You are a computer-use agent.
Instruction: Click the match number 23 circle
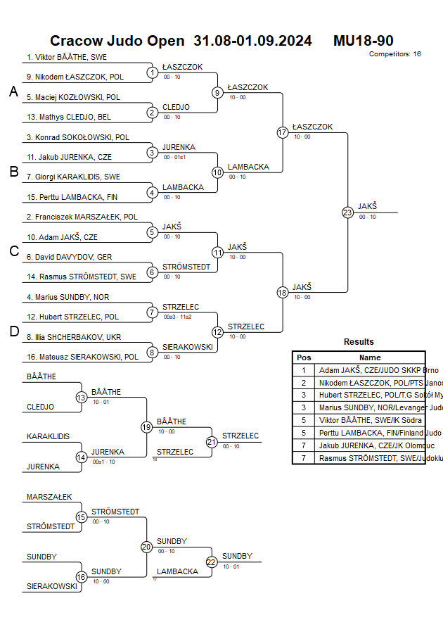(347, 213)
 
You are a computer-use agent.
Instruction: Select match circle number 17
(283, 132)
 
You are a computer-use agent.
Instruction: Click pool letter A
(13, 91)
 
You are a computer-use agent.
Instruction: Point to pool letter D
(13, 332)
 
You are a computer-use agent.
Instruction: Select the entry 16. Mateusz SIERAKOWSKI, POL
(83, 357)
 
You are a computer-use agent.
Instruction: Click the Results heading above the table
(359, 342)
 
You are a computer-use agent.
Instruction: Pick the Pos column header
(304, 357)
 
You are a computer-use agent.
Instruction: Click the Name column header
(370, 357)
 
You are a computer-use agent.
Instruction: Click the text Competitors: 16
(395, 53)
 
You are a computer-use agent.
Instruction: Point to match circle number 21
(212, 442)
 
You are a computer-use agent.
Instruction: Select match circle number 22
(212, 562)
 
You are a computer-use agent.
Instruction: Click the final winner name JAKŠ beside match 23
(367, 206)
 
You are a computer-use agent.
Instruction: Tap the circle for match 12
(217, 332)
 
